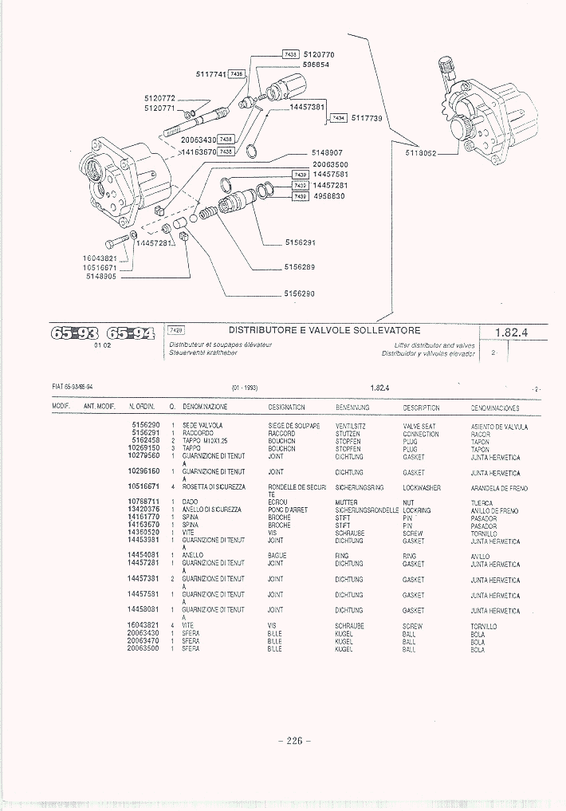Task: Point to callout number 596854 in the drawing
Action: click(317, 65)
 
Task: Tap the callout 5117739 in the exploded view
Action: click(368, 118)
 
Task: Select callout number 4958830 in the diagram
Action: click(328, 196)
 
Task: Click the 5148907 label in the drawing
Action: click(327, 153)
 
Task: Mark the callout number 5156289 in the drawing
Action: click(300, 267)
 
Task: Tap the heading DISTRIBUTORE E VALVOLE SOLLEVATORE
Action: click(324, 329)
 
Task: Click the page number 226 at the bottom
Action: click(294, 740)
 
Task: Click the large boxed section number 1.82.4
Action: click(511, 333)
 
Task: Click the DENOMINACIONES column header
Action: click(495, 407)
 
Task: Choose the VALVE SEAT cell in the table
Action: click(419, 427)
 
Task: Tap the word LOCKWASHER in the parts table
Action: click(422, 487)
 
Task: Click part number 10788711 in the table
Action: click(143, 502)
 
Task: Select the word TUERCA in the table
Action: click(481, 503)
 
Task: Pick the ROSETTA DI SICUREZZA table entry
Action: click(213, 486)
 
